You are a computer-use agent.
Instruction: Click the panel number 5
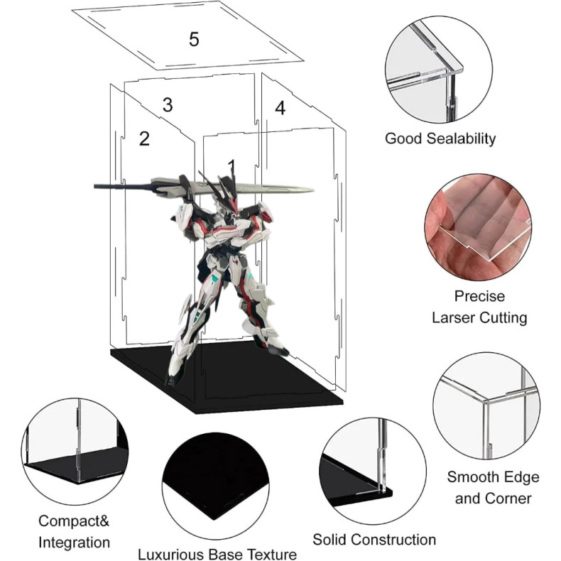point(194,39)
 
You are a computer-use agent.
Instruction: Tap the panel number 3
point(168,105)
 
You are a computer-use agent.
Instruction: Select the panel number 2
point(144,138)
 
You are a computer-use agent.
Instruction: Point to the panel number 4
point(280,108)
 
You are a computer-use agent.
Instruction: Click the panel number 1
point(232,167)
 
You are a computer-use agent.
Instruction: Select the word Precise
point(479,296)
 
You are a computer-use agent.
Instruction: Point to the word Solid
point(329,539)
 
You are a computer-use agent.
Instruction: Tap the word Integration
point(74,543)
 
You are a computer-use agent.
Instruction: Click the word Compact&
point(74,521)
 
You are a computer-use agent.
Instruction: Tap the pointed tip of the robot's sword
point(313,190)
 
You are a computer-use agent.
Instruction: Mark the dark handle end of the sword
point(96,186)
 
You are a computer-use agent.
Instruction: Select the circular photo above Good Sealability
point(438,70)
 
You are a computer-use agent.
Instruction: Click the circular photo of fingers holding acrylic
point(478,227)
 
